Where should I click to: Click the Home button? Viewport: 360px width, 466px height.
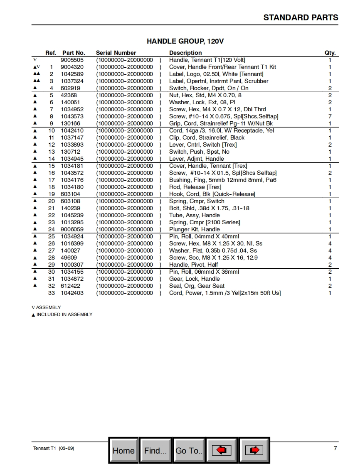[x=123, y=450]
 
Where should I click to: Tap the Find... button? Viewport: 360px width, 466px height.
[x=155, y=450]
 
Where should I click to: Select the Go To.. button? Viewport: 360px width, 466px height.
[x=189, y=450]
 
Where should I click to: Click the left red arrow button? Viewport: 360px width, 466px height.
[x=222, y=450]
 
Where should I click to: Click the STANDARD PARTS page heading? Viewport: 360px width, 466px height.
[x=301, y=17]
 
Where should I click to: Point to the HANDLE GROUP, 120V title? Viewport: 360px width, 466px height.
[x=185, y=41]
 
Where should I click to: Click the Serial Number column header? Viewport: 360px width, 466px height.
[x=116, y=53]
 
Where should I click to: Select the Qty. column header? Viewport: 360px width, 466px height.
[x=330, y=53]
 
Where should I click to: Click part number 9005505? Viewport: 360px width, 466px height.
[x=72, y=60]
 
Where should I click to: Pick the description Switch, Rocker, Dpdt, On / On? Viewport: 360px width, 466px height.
[x=209, y=88]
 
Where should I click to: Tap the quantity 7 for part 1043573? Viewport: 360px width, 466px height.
[x=330, y=116]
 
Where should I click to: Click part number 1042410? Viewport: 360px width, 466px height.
[x=72, y=130]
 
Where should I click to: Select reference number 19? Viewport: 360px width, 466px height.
[x=52, y=194]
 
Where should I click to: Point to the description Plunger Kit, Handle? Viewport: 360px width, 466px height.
[x=194, y=229]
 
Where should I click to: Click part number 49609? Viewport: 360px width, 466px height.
[x=69, y=258]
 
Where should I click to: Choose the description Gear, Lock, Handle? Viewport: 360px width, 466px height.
[x=194, y=279]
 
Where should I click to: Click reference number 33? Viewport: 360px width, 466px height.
[x=52, y=293]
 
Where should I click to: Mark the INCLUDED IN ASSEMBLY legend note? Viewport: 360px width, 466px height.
[x=64, y=314]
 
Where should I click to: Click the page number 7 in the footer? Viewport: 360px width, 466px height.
[x=335, y=448]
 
